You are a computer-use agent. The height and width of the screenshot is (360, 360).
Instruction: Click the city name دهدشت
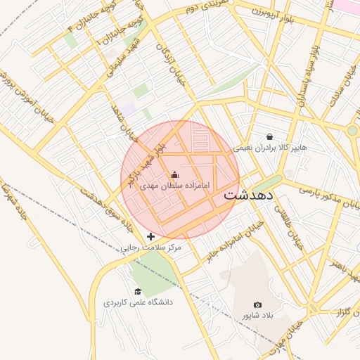click(250, 196)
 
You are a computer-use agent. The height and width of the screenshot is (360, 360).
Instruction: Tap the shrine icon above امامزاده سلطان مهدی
click(174, 174)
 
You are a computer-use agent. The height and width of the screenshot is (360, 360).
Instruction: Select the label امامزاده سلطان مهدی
click(175, 186)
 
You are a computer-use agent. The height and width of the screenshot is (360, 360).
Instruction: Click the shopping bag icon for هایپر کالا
click(269, 136)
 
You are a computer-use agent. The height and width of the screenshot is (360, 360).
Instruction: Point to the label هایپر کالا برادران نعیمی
click(273, 148)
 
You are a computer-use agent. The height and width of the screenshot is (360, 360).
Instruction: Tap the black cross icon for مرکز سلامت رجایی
click(150, 237)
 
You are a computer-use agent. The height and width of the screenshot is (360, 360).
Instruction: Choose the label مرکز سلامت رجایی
click(148, 248)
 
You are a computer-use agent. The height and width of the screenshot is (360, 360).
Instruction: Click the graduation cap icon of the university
click(139, 291)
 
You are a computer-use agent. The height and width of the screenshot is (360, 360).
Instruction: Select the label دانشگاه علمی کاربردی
click(139, 302)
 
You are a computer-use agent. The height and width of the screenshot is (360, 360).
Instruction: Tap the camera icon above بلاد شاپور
click(258, 305)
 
